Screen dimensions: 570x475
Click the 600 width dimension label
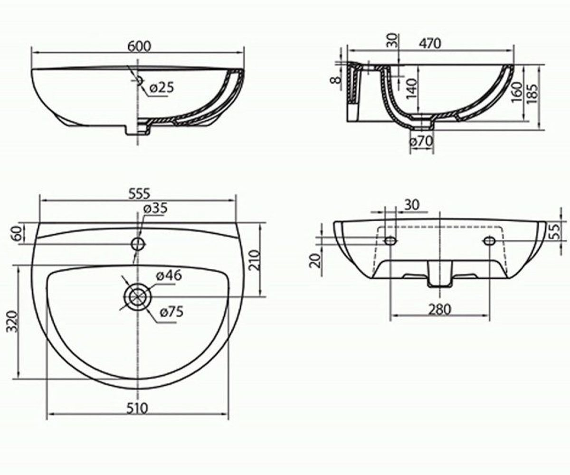coord(139,47)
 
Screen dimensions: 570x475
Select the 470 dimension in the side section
coord(430,44)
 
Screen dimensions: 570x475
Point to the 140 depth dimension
coord(412,88)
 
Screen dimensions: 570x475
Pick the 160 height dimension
coord(517,92)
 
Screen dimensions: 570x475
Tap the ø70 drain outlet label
coord(421,142)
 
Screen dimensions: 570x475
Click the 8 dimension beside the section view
coord(337,79)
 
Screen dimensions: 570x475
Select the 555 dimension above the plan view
coord(139,194)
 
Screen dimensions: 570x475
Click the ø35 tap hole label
coord(155,209)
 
